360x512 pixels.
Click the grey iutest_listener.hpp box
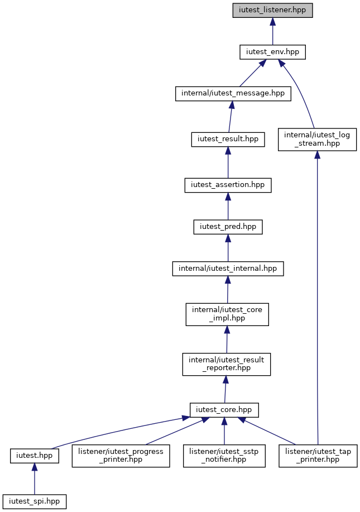coord(272,10)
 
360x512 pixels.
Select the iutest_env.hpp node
coord(272,52)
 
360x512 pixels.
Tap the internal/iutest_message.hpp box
coord(233,93)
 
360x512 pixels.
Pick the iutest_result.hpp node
coord(228,140)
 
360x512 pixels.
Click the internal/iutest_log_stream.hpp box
coord(317,140)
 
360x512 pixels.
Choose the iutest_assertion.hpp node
coord(228,185)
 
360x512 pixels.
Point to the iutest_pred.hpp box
coord(228,227)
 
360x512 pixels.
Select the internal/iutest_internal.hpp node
coord(228,269)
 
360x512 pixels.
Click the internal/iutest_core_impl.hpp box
coord(227,314)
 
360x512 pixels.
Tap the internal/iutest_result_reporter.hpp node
coord(227,364)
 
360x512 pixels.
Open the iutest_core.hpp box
coord(224,410)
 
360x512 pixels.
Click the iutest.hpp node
coord(35,456)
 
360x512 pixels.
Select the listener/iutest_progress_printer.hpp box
coord(121,456)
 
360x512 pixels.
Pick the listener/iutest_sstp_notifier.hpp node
coord(224,456)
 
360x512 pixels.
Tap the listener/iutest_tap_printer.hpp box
coord(318,456)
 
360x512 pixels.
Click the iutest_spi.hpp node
coord(34,501)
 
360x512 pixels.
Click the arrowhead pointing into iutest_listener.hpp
coord(272,22)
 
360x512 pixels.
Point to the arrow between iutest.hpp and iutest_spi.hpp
coord(34,478)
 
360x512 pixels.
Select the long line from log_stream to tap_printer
coord(317,298)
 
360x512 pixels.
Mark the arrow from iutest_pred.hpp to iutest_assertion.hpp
coord(228,206)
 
